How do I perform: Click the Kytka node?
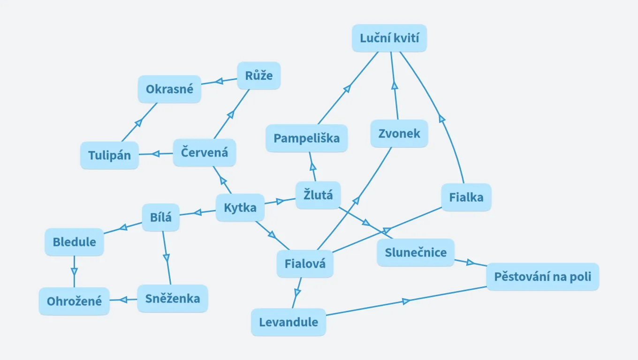click(240, 207)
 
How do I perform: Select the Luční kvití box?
click(389, 38)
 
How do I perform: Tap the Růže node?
click(258, 75)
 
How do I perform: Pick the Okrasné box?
click(169, 89)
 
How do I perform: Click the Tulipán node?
click(109, 155)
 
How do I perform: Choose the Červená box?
click(204, 152)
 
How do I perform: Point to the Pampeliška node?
click(306, 138)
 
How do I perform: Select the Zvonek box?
click(399, 134)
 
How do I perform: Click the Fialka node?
click(466, 197)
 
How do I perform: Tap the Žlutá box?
click(318, 195)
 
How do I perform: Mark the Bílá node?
click(161, 217)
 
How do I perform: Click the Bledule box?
click(74, 242)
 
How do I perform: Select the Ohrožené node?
click(74, 301)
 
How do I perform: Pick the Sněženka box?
click(172, 299)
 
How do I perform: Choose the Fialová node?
click(305, 264)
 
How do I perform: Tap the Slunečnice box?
click(416, 253)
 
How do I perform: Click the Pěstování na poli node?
click(542, 277)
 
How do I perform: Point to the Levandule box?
click(288, 322)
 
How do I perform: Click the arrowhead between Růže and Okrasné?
click(218, 82)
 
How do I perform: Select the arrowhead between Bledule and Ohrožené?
click(74, 271)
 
